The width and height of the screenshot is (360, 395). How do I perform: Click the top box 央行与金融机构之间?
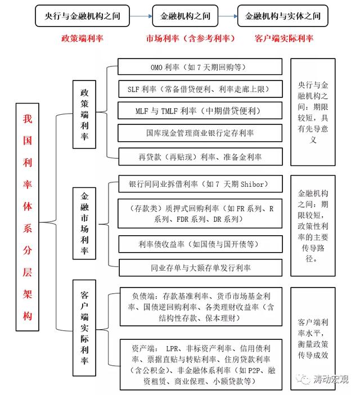pos(82,16)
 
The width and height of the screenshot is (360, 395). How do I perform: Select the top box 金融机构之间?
pos(185,16)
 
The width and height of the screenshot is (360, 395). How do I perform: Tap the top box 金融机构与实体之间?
pos(283,16)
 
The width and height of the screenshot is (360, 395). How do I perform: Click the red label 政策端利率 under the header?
pos(82,38)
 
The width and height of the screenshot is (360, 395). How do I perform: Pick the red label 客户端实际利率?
pos(284,38)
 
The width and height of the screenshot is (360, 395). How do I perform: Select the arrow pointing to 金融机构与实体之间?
pos(227,16)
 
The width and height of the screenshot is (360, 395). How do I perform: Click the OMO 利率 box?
pos(199,67)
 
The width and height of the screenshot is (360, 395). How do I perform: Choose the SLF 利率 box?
pos(199,89)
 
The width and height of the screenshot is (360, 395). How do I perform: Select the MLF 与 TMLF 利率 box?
pos(199,111)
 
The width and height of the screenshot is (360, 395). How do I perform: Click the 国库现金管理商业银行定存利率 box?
pos(199,133)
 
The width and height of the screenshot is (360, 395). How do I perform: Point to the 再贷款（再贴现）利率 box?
pos(199,156)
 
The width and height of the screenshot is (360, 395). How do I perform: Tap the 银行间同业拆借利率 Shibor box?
pos(199,185)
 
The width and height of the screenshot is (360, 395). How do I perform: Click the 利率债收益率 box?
pos(199,244)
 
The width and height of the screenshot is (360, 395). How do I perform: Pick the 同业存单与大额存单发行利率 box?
pos(199,267)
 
